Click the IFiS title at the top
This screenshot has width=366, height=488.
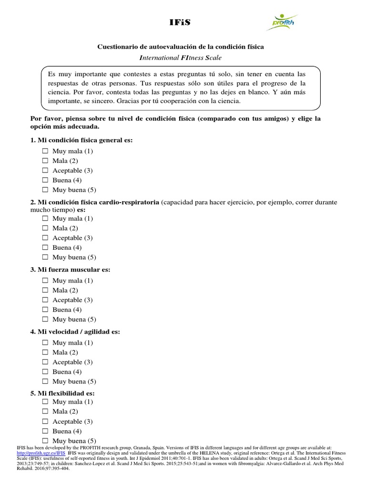click(x=183, y=21)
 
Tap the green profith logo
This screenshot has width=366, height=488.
click(x=284, y=22)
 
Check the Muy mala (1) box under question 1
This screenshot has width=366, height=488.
click(x=45, y=151)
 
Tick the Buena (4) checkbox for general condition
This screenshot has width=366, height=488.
click(x=45, y=180)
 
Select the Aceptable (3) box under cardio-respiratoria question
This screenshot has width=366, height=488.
click(x=45, y=238)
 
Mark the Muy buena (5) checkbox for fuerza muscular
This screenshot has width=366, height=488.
click(x=45, y=319)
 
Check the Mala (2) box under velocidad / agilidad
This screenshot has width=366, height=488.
click(x=45, y=352)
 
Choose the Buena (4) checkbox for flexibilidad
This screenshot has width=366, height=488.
click(x=45, y=431)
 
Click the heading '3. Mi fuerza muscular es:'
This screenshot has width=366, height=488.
click(x=70, y=270)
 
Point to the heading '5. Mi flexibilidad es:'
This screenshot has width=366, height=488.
click(x=62, y=393)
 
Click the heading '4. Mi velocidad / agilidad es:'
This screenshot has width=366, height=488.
click(x=75, y=332)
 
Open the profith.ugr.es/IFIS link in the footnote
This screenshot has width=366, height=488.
click(x=34, y=454)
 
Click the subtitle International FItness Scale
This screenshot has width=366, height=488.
click(x=180, y=58)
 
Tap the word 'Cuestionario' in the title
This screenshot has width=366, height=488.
click(x=118, y=47)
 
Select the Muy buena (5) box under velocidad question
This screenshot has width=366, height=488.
click(x=45, y=381)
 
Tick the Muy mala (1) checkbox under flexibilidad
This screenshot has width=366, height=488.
click(x=45, y=402)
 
